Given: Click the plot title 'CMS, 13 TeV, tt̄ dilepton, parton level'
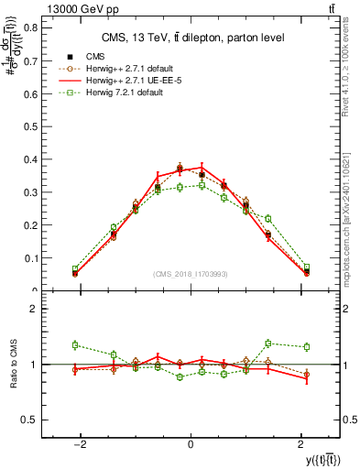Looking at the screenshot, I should pyautogui.click(x=191, y=38).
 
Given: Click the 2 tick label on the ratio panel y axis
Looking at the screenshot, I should pyautogui.click(x=32, y=310).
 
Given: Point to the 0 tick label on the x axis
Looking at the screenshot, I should pyautogui.click(x=191, y=444).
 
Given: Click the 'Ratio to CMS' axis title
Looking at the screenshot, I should pyautogui.click(x=13, y=365).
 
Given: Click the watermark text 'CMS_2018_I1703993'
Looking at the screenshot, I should pyautogui.click(x=191, y=274).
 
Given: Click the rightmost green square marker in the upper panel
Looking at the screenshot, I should pyautogui.click(x=307, y=267).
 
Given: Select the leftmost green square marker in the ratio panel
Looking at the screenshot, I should pyautogui.click(x=75, y=345).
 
